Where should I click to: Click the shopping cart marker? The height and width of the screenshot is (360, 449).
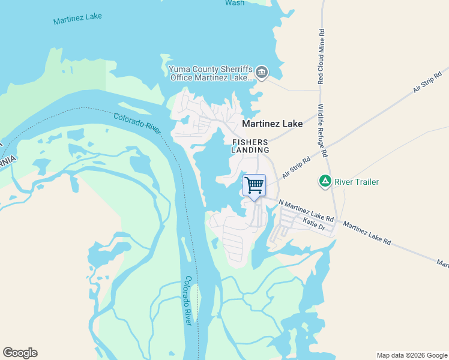point(254,185)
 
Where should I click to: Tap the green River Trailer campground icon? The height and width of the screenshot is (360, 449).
point(325,181)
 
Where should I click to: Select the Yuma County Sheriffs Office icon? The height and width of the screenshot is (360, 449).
point(262,73)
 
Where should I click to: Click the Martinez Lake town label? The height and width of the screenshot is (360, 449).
point(272,124)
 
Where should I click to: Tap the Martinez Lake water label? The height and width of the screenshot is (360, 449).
point(77,18)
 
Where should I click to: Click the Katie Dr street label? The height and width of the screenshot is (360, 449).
point(314,225)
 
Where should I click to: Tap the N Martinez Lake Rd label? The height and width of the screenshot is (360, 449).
point(306,210)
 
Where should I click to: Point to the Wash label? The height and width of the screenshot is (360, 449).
point(235,3)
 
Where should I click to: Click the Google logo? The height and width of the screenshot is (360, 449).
point(20,353)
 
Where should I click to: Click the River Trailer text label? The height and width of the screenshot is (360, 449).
point(357,181)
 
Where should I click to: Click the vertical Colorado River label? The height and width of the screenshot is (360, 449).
point(188,301)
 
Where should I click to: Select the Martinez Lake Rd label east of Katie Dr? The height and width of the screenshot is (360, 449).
point(367,233)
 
